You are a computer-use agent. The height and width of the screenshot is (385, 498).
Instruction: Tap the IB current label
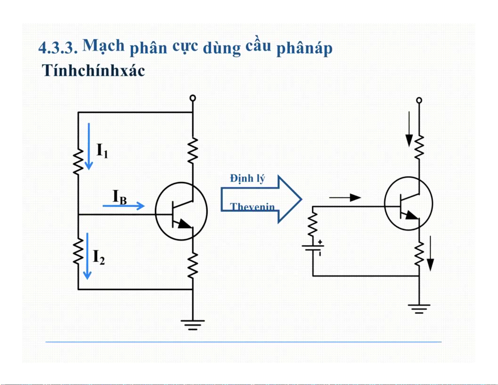click(120, 197)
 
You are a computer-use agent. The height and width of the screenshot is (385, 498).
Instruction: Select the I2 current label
click(99, 257)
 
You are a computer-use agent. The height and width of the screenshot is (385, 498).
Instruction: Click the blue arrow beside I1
click(89, 146)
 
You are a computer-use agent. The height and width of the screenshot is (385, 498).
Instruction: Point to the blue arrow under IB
click(123, 206)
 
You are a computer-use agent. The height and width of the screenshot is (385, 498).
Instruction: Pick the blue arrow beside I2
click(87, 256)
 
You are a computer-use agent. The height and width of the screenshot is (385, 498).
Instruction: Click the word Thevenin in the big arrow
click(252, 207)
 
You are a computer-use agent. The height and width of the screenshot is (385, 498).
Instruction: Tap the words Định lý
click(248, 179)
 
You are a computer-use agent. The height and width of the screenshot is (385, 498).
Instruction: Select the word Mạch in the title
click(104, 46)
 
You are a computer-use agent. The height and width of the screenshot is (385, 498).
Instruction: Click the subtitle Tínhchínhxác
click(93, 70)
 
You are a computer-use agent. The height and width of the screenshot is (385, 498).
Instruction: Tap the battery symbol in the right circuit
click(313, 247)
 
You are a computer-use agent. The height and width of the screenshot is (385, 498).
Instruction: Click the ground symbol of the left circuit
click(193, 324)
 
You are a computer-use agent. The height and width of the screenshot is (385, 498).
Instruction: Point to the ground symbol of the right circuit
click(419, 308)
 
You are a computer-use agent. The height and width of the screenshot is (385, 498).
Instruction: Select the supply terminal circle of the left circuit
click(193, 98)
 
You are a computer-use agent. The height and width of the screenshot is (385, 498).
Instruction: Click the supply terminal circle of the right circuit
click(419, 100)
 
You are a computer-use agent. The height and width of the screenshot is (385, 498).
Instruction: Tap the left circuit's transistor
click(181, 211)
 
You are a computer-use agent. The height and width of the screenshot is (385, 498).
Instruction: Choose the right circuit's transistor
click(408, 204)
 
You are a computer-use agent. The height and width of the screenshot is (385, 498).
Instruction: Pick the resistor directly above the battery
click(313, 224)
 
